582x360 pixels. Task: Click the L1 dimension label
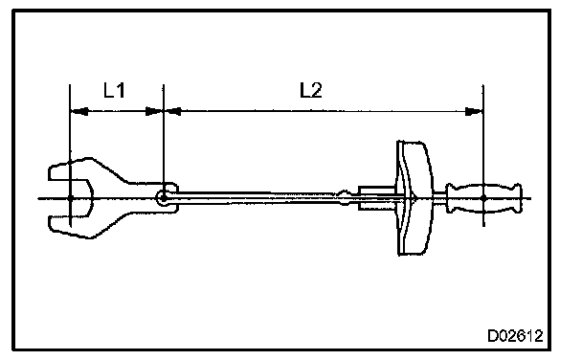click(114, 90)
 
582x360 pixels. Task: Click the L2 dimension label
click(311, 90)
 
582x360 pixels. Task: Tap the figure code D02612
click(515, 336)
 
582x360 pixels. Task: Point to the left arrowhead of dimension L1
click(79, 111)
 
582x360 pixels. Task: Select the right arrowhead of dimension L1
click(154, 111)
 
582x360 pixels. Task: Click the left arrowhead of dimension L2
click(172, 111)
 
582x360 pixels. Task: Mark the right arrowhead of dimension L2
click(474, 111)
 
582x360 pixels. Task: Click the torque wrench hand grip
click(484, 198)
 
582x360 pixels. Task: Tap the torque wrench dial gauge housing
click(414, 198)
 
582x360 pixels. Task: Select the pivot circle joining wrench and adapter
click(163, 198)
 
